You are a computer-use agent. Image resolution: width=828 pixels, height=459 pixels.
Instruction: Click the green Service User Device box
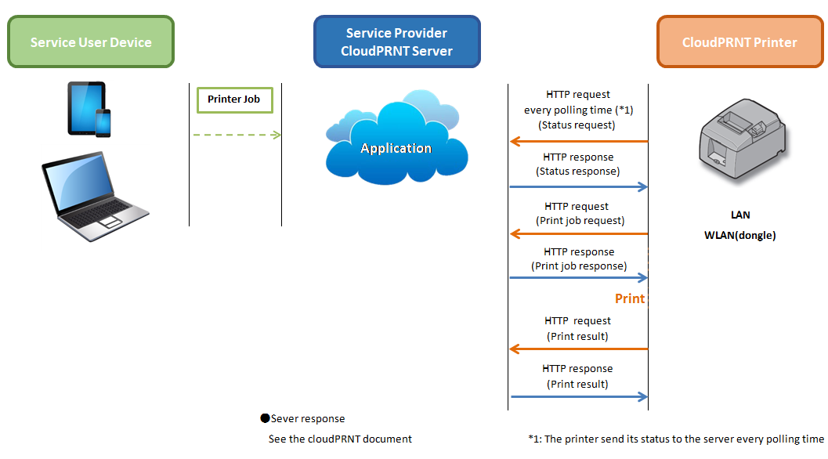(x=91, y=42)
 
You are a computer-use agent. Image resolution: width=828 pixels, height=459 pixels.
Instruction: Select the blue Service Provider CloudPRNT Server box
(x=396, y=42)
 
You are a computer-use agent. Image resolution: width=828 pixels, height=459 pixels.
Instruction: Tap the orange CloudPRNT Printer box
(x=739, y=42)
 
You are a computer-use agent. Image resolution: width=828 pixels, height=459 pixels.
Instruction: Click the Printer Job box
(x=234, y=99)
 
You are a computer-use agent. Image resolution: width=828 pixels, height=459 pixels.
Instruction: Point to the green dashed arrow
(x=237, y=136)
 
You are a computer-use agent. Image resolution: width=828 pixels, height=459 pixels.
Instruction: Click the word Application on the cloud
(x=396, y=148)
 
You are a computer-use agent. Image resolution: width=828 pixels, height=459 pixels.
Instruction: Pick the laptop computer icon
(x=95, y=197)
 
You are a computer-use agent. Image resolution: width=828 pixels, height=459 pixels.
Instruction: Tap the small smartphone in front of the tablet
(x=103, y=123)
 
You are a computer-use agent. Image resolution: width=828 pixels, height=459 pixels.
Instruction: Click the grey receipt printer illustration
(x=743, y=140)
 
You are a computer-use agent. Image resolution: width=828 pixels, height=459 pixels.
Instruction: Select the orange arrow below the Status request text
(x=579, y=142)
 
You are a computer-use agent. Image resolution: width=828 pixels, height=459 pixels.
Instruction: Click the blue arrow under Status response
(x=579, y=186)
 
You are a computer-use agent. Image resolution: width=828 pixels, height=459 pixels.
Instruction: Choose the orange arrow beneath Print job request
(x=579, y=233)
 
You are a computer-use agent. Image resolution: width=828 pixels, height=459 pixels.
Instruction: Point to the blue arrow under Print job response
(x=579, y=277)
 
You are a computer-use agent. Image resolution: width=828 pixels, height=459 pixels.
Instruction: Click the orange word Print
(x=630, y=298)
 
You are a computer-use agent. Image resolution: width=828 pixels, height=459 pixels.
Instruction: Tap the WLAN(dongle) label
(x=739, y=236)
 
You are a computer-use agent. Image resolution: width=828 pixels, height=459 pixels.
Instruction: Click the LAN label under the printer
(x=740, y=215)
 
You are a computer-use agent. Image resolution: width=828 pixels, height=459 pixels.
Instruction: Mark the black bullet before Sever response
(x=265, y=418)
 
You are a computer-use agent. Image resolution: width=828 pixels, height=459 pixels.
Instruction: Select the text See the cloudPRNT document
(x=340, y=439)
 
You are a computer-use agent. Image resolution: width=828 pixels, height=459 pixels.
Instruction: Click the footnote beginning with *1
(x=676, y=439)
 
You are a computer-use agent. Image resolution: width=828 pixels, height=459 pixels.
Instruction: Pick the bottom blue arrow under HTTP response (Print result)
(x=579, y=396)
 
